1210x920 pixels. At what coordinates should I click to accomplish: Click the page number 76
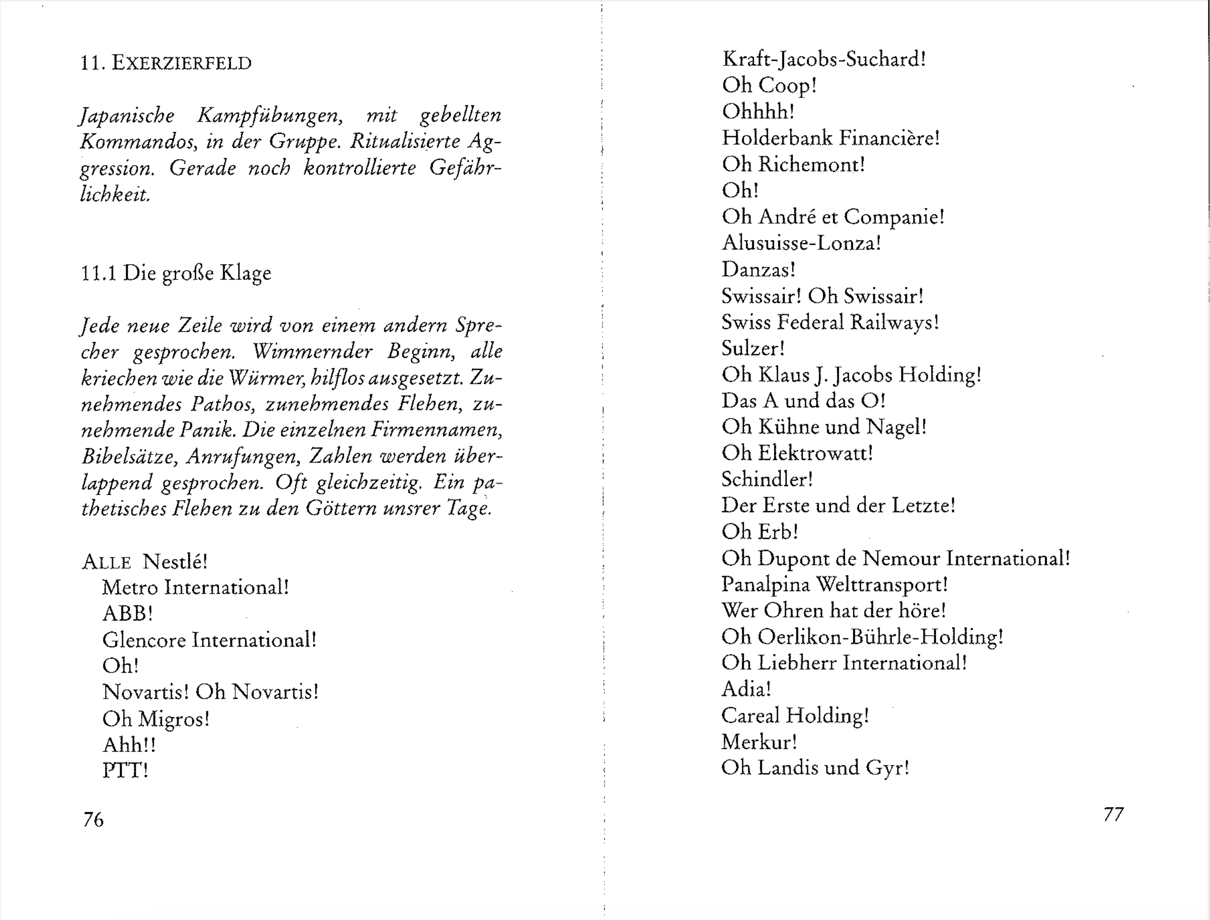[93, 819]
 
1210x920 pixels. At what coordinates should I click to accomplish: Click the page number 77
[1113, 814]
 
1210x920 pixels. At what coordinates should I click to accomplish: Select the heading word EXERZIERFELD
[182, 63]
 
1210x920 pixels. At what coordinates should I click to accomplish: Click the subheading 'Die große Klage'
[197, 272]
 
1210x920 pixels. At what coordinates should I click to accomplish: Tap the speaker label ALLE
[107, 562]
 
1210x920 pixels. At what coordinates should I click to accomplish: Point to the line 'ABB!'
[127, 613]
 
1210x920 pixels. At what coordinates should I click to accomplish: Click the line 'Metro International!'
[195, 588]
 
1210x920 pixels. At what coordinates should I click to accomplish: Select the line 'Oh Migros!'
[155, 718]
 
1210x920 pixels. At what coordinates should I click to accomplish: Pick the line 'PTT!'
[125, 771]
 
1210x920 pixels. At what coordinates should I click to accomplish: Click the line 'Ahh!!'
[129, 745]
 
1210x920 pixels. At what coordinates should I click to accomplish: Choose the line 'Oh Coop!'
[769, 85]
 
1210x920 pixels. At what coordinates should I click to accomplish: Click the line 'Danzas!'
[758, 269]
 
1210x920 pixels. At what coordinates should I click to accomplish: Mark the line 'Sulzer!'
[753, 348]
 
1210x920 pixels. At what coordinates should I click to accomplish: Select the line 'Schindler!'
[767, 480]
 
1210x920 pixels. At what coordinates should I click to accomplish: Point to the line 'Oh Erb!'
[760, 532]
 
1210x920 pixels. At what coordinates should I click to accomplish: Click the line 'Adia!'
[746, 689]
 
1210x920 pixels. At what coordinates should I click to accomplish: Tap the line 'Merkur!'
[759, 742]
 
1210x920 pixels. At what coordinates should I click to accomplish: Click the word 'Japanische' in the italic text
[127, 116]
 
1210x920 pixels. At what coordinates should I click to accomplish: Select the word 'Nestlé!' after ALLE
[175, 562]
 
